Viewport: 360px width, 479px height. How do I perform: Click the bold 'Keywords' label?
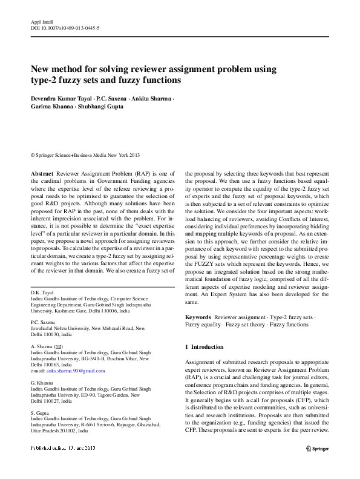[x=198, y=317]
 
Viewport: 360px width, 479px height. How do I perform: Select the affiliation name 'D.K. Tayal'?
[x=43, y=292]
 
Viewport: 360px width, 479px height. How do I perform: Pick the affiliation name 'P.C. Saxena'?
[x=44, y=322]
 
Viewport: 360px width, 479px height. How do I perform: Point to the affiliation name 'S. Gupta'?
[x=41, y=412]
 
